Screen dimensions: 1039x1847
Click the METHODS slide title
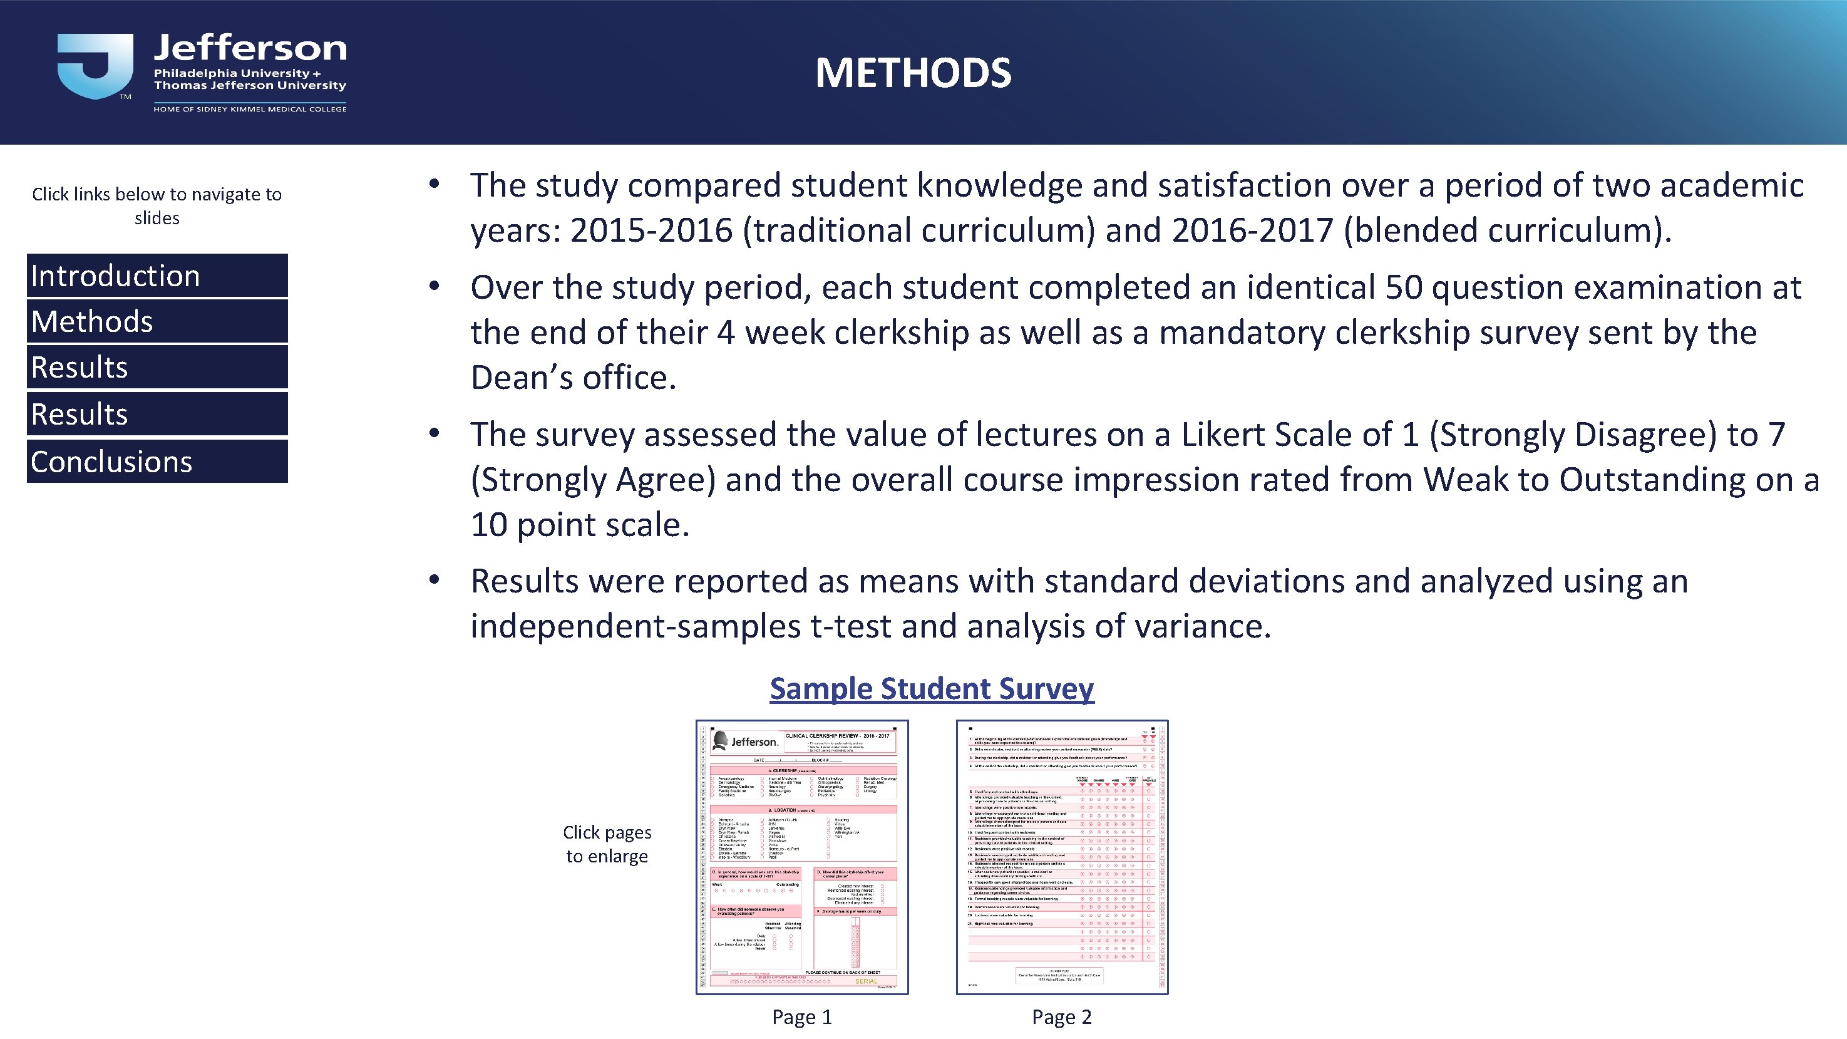(x=913, y=73)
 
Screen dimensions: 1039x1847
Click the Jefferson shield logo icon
(x=95, y=66)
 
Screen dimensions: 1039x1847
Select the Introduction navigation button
(x=157, y=276)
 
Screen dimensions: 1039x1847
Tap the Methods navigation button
(x=157, y=321)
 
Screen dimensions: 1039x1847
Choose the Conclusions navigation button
(x=157, y=461)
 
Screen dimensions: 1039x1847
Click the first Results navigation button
(x=157, y=367)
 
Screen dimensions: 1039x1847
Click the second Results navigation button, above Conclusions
(x=157, y=414)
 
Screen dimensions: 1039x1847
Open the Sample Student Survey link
(x=932, y=688)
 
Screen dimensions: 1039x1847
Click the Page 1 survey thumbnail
(x=801, y=857)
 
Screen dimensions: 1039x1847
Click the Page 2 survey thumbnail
(x=1062, y=857)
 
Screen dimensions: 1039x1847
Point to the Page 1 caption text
(x=801, y=1017)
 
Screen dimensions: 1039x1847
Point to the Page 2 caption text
(x=1061, y=1017)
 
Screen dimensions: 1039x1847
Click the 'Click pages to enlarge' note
(x=607, y=844)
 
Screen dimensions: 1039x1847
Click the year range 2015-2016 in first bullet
(x=651, y=231)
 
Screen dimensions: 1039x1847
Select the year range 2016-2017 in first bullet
(x=1252, y=231)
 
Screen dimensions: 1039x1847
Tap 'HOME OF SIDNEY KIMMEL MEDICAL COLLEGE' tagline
(x=250, y=109)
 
